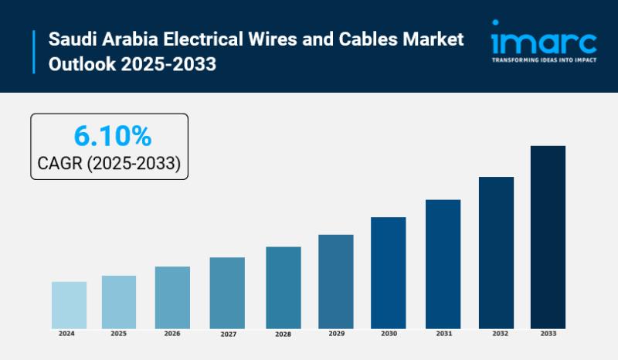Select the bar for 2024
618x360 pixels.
tap(69, 304)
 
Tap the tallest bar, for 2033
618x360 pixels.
tap(548, 236)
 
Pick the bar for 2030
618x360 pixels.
tap(388, 272)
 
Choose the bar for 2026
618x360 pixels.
tap(172, 297)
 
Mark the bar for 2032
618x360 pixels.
tap(496, 252)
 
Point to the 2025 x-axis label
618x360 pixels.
tap(118, 334)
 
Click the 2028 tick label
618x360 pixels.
tap(283, 335)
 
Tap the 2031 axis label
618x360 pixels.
tap(443, 334)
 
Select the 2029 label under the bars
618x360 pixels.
tap(336, 334)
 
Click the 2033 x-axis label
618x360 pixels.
tap(547, 334)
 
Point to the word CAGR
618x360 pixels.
tap(61, 163)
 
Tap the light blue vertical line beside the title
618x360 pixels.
tap(34, 51)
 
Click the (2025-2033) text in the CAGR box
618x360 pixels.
tap(135, 163)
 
